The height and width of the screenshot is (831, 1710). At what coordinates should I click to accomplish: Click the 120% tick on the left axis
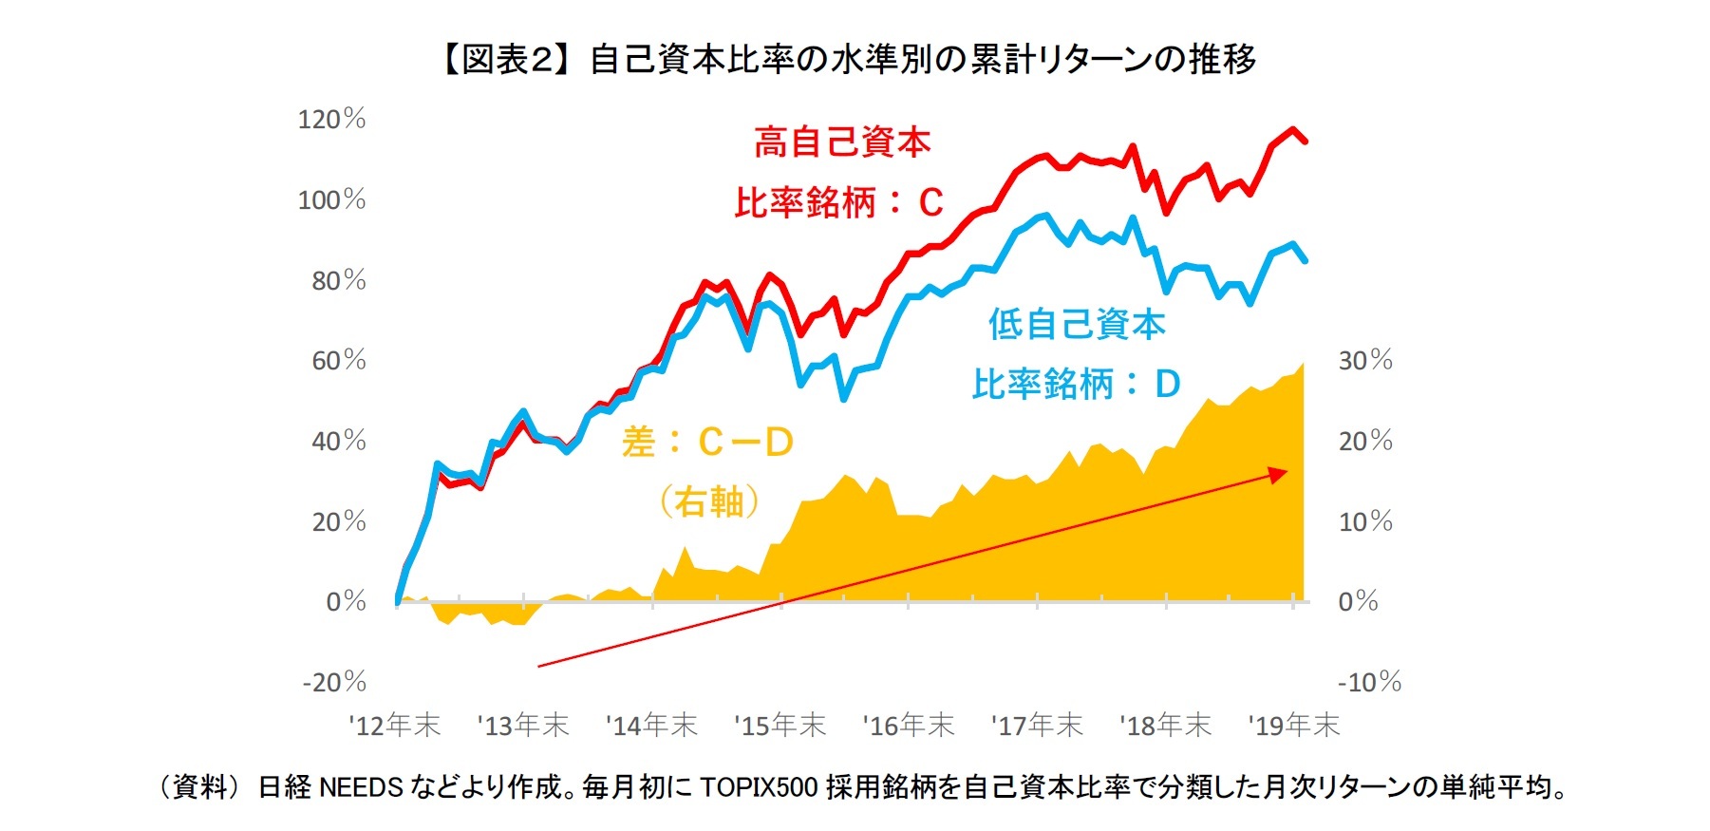[x=331, y=120]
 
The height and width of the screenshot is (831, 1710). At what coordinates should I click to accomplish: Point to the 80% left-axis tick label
[x=339, y=281]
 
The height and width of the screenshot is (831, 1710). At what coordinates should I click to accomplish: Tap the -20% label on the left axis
[x=334, y=683]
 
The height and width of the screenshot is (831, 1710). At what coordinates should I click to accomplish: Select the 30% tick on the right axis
[x=1365, y=361]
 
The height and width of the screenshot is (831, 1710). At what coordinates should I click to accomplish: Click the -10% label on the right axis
[x=1369, y=683]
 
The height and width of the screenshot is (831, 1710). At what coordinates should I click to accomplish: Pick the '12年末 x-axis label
[x=395, y=727]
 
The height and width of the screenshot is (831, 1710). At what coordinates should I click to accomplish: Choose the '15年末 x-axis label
[x=780, y=727]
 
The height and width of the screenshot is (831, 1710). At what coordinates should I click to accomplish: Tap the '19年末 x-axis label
[x=1293, y=727]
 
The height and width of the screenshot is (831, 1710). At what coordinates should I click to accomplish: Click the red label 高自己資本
[x=842, y=143]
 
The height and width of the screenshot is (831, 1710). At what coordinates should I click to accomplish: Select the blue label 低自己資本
[x=1077, y=325]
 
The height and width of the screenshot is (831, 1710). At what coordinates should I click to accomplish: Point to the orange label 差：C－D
[x=707, y=443]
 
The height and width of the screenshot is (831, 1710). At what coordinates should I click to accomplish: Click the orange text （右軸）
[x=709, y=501]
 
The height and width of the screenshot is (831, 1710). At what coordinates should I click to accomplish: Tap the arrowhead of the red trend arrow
[x=1281, y=473]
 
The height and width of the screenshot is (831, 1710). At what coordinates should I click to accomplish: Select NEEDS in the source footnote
[x=361, y=787]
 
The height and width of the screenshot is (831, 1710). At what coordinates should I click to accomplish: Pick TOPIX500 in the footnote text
[x=759, y=787]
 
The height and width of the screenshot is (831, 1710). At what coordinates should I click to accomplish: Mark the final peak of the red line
[x=1292, y=130]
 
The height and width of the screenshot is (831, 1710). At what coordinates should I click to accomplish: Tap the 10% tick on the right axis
[x=1365, y=522]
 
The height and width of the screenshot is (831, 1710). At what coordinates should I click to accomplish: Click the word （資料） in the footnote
[x=199, y=787]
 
